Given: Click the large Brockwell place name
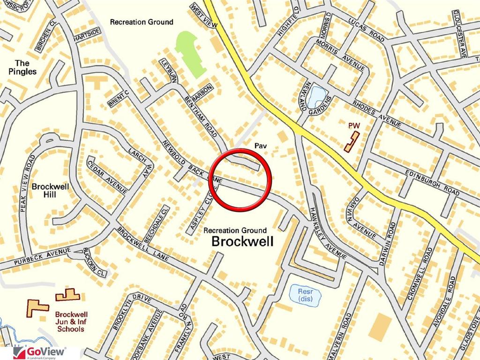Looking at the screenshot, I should tap(242, 242).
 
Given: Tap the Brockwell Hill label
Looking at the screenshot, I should tap(50, 190).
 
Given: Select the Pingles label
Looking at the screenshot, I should tap(22, 67).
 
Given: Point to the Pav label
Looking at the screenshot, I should tap(260, 146).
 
